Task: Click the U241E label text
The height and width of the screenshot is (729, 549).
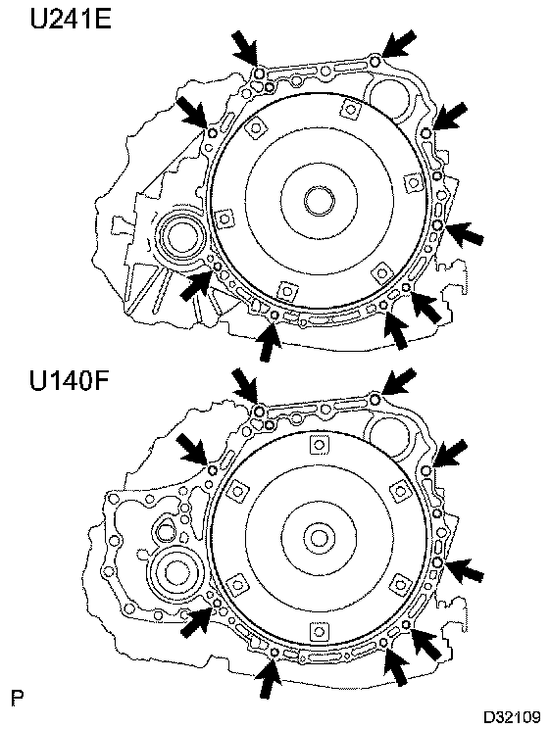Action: click(x=71, y=20)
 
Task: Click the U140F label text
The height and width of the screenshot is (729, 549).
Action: click(x=70, y=380)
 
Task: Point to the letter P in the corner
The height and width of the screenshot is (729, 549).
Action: click(x=18, y=698)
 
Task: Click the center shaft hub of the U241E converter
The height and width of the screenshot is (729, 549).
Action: click(x=320, y=201)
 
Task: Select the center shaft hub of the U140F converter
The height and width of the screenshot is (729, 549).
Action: click(x=320, y=538)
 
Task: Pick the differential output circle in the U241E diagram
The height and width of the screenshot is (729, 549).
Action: click(x=180, y=238)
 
